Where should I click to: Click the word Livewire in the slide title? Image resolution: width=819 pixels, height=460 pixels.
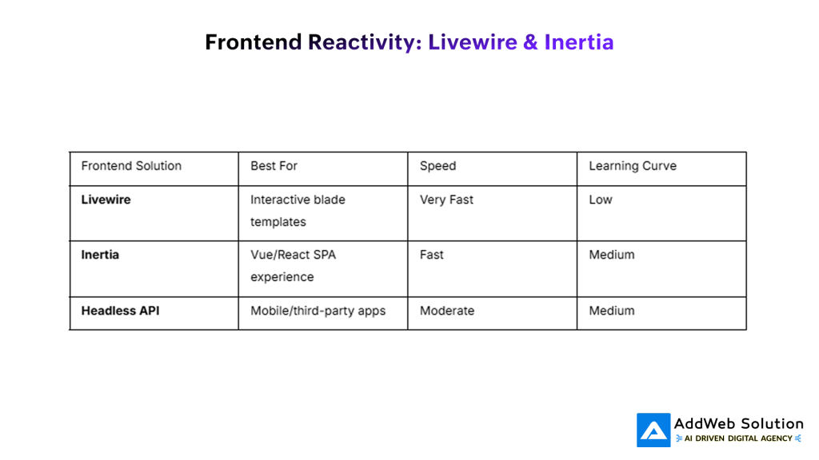point(472,42)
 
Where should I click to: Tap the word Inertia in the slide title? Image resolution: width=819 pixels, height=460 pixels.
point(579,42)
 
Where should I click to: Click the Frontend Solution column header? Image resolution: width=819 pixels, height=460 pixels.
point(131,166)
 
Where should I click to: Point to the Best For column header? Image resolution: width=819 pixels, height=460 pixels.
point(274,166)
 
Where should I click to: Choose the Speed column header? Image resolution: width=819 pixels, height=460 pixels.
point(437,166)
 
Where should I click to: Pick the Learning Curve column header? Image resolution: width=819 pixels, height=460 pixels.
point(632,166)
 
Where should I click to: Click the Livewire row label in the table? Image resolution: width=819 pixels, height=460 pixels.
point(106,200)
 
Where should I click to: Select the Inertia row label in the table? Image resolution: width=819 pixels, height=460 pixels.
point(100,255)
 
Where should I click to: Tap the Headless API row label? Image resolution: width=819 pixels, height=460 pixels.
point(120,311)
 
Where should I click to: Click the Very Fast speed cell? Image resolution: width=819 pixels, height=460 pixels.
point(446,200)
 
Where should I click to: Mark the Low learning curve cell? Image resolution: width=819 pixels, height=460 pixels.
point(600,200)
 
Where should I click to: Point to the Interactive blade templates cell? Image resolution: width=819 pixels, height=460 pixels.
point(298,211)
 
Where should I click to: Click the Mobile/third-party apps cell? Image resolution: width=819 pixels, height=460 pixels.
point(318,311)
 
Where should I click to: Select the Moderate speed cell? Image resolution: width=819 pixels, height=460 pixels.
point(446,311)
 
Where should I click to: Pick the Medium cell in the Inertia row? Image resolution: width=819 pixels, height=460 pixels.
point(611,255)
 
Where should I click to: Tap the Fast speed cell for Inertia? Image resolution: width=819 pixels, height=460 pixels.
point(431,255)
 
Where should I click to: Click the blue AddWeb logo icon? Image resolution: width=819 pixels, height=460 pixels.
point(653,430)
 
